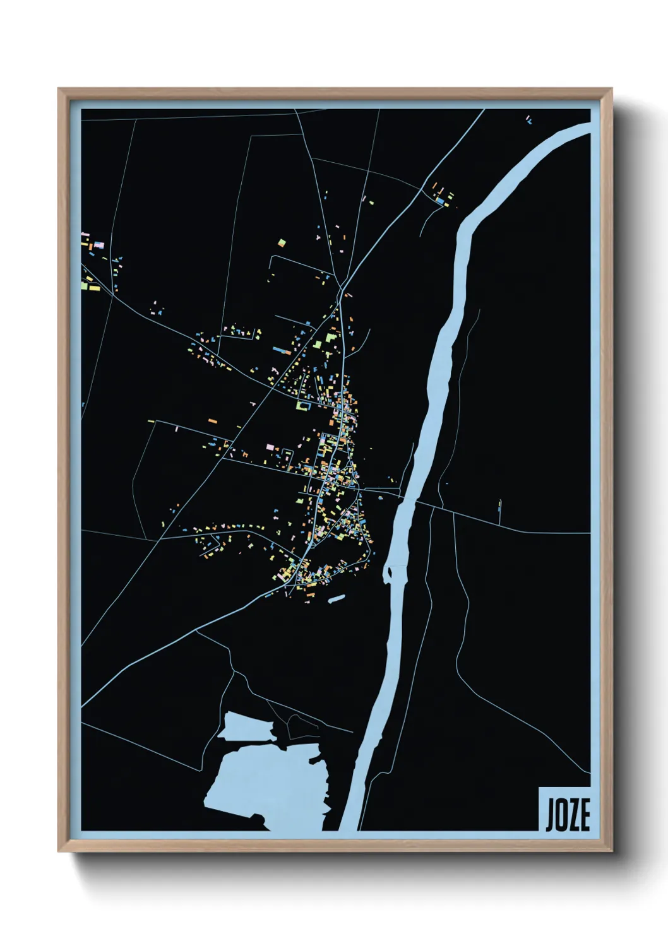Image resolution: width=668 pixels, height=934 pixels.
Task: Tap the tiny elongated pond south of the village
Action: [x=337, y=598]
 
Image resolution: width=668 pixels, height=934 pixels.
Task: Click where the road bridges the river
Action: [x=409, y=498]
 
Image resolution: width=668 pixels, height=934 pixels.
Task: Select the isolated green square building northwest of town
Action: [x=282, y=242]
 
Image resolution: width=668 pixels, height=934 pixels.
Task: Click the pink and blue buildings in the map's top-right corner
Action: [x=528, y=119]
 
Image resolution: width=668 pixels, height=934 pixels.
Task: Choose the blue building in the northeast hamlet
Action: [x=440, y=201]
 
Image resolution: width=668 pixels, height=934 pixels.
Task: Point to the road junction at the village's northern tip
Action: [x=341, y=289]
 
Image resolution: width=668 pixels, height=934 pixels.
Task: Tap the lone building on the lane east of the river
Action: [x=500, y=504]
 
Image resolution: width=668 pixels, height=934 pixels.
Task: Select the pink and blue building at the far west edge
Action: [x=98, y=245]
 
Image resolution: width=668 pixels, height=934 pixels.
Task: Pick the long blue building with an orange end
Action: [x=280, y=348]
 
